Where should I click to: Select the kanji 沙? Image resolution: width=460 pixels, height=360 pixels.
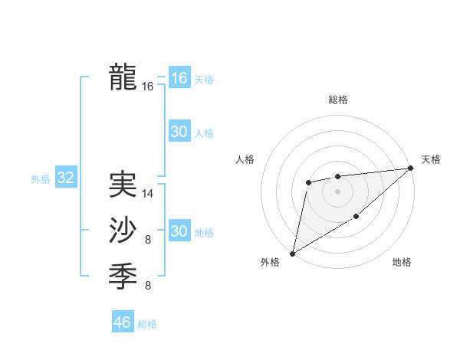pyautogui.click(x=123, y=231)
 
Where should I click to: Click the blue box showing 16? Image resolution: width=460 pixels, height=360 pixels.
pyautogui.click(x=179, y=78)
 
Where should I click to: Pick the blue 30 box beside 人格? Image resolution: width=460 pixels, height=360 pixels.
pyautogui.click(x=179, y=132)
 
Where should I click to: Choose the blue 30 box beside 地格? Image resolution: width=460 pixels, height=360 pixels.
pyautogui.click(x=179, y=231)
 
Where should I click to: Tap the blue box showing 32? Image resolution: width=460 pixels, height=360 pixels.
pyautogui.click(x=65, y=178)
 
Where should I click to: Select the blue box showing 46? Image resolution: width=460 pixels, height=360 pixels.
pyautogui.click(x=122, y=322)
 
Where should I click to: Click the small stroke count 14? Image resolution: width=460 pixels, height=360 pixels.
pyautogui.click(x=148, y=194)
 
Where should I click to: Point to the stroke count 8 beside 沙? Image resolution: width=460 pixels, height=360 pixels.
pyautogui.click(x=148, y=241)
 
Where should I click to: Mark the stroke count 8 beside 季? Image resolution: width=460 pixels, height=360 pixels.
pyautogui.click(x=148, y=286)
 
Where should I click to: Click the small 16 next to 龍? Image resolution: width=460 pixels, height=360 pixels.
pyautogui.click(x=148, y=87)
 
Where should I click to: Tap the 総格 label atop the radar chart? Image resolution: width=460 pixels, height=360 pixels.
pyautogui.click(x=337, y=100)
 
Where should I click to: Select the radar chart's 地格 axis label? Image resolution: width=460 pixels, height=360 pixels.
pyautogui.click(x=402, y=262)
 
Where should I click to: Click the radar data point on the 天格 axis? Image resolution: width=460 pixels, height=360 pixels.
pyautogui.click(x=412, y=169)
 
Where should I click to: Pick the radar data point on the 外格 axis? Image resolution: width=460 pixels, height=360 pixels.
pyautogui.click(x=292, y=253)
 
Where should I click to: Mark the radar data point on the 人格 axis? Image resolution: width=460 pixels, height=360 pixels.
pyautogui.click(x=308, y=182)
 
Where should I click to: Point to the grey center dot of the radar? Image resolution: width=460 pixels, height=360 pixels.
pyautogui.click(x=337, y=191)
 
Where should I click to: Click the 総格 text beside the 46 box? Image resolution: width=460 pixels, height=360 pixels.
pyautogui.click(x=147, y=324)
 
